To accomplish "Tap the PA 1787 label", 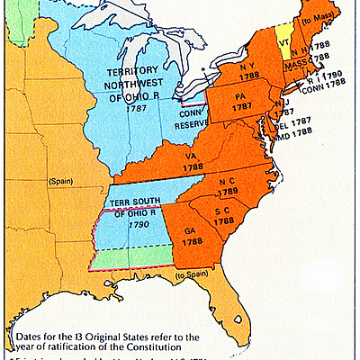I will point(241,100).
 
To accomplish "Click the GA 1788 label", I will point(193,236).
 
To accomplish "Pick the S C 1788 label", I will point(223,216).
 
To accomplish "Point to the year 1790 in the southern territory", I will point(137,221).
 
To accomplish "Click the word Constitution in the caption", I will point(149,343).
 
